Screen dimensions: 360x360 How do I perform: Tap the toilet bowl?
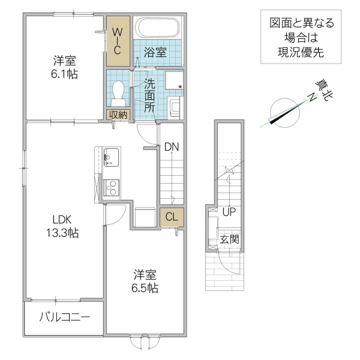pyautogui.click(x=118, y=92)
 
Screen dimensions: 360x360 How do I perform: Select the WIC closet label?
pyautogui.click(x=118, y=40)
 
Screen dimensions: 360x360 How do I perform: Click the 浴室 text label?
pyautogui.click(x=155, y=53)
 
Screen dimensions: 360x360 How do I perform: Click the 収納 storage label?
pyautogui.click(x=118, y=115)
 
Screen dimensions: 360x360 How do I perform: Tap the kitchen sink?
pyautogui.click(x=111, y=158)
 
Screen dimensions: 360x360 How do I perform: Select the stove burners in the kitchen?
pyautogui.click(x=111, y=188)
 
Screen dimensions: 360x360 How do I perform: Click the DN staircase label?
pyautogui.click(x=172, y=146)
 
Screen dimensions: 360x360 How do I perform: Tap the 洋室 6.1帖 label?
pyautogui.click(x=65, y=67)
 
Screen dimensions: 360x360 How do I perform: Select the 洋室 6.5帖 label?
pyautogui.click(x=145, y=281)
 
